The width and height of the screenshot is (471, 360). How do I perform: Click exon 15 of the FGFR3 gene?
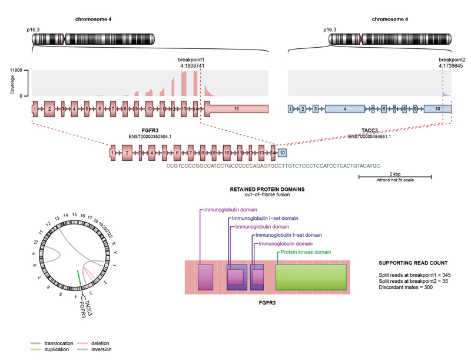click(236, 109)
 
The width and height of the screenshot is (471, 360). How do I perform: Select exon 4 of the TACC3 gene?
click(344, 109)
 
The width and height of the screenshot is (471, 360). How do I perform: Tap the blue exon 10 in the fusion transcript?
click(283, 153)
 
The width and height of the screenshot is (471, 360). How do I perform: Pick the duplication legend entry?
click(52, 349)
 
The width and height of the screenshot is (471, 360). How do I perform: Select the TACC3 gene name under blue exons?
click(370, 130)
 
